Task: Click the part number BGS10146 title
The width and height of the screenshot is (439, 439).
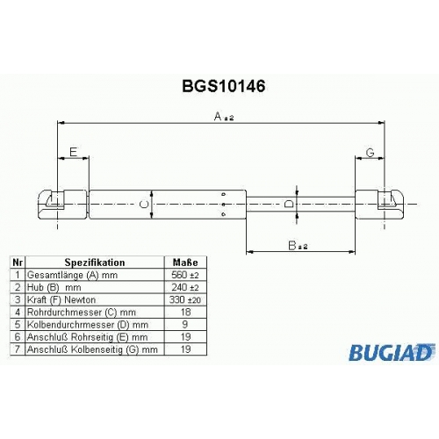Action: [224, 86]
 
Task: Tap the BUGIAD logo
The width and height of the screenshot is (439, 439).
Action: [392, 352]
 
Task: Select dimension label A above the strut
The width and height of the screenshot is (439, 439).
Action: [224, 117]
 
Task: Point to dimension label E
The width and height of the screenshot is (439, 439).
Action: [73, 152]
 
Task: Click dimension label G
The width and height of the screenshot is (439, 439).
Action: [371, 152]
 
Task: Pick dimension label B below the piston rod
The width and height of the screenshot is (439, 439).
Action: [298, 246]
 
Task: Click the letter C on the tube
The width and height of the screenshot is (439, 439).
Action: [144, 205]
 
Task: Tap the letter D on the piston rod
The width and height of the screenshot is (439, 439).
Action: [289, 204]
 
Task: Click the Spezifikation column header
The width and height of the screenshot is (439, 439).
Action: [95, 263]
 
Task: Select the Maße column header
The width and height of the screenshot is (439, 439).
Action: [185, 263]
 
